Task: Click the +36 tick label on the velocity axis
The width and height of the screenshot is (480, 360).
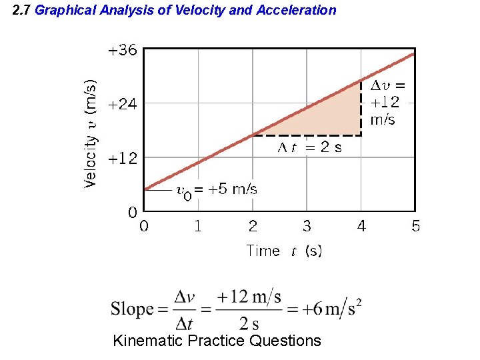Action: pyautogui.click(x=123, y=51)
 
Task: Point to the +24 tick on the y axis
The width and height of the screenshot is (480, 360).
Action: pyautogui.click(x=123, y=104)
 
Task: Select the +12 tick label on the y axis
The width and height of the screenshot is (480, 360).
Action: pyautogui.click(x=123, y=159)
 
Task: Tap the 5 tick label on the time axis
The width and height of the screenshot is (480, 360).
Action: pyautogui.click(x=416, y=227)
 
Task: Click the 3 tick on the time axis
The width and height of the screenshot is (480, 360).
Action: pyautogui.click(x=307, y=227)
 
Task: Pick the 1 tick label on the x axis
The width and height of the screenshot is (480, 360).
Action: pyautogui.click(x=198, y=227)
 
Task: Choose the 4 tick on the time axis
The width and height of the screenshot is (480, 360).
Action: pyautogui.click(x=361, y=227)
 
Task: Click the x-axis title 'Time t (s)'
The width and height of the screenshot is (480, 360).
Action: pyautogui.click(x=284, y=251)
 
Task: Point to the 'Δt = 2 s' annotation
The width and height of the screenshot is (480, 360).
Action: pyautogui.click(x=309, y=147)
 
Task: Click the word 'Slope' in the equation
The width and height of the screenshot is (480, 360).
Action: pyautogui.click(x=132, y=309)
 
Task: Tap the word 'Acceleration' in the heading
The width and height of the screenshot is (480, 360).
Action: pyautogui.click(x=296, y=10)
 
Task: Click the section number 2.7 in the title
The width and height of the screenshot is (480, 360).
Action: pyautogui.click(x=22, y=10)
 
